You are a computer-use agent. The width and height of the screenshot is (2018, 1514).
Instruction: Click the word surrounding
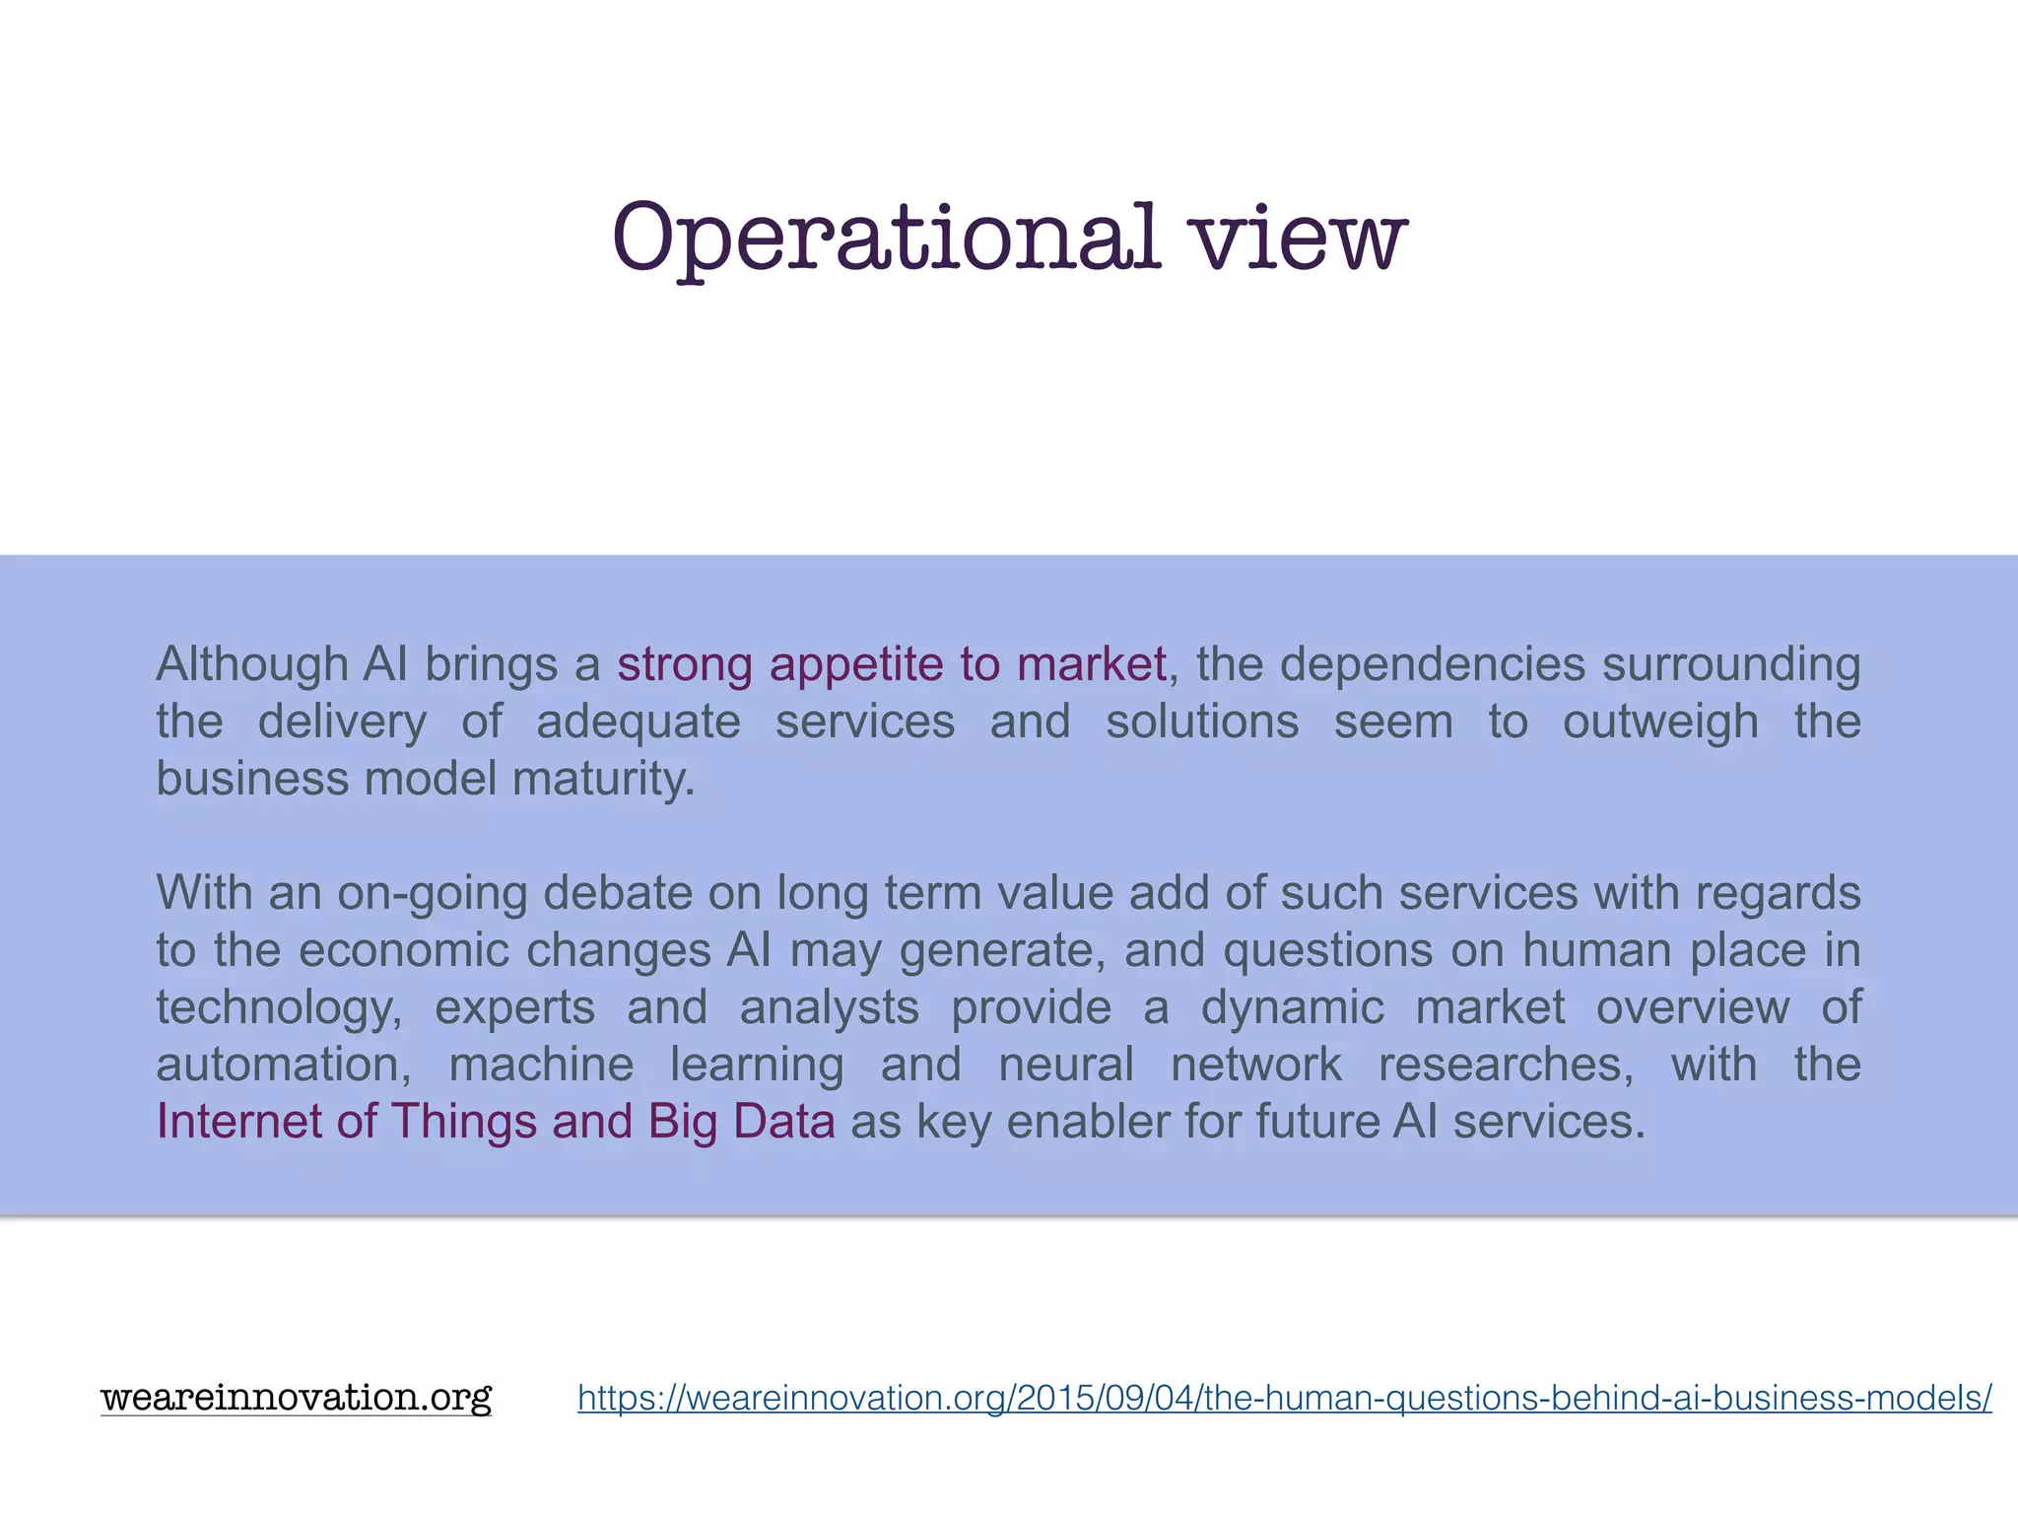[1731, 664]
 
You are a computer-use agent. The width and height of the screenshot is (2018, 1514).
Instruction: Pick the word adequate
[638, 722]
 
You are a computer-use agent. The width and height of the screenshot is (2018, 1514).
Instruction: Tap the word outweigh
[1660, 722]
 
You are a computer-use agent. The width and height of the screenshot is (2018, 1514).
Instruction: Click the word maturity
[604, 779]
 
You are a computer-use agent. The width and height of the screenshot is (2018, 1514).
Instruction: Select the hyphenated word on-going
[432, 893]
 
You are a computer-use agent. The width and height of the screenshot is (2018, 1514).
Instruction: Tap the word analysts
[830, 1007]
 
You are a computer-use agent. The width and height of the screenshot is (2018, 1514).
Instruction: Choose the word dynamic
[1292, 1007]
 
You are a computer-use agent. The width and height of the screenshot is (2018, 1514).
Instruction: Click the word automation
[283, 1065]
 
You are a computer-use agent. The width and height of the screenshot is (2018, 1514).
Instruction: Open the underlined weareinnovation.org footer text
[296, 1397]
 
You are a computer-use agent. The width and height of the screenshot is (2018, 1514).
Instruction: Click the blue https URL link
[1284, 1398]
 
